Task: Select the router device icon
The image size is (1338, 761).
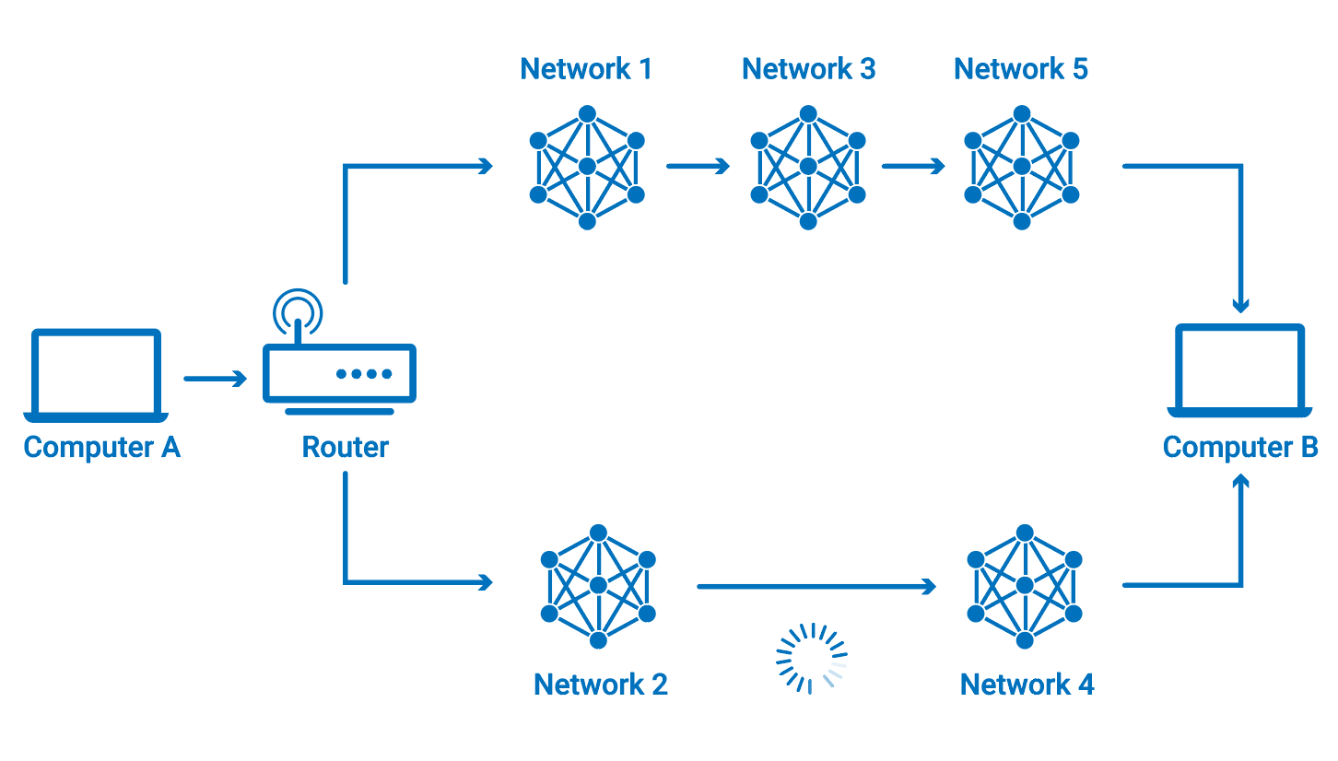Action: (339, 373)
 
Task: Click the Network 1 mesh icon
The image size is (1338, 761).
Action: (587, 168)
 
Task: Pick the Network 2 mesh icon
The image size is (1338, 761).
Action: (598, 586)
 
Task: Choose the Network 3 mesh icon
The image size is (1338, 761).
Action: (808, 168)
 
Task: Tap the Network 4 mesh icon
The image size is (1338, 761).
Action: (1025, 586)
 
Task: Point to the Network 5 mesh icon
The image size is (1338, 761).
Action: (1021, 168)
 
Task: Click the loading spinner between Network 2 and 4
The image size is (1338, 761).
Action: (811, 658)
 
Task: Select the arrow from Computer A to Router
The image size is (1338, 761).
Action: (216, 379)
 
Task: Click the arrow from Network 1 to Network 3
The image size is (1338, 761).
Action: (698, 167)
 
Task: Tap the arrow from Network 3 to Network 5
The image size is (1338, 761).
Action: (913, 167)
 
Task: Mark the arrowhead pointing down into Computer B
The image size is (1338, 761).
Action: (1241, 303)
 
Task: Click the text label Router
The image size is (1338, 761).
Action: (346, 448)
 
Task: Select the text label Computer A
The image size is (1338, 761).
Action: (101, 448)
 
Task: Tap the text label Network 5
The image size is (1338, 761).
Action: (1021, 69)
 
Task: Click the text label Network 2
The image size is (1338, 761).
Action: (601, 685)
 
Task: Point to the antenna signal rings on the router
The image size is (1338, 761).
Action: (298, 310)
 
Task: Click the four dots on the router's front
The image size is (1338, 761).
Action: (364, 374)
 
